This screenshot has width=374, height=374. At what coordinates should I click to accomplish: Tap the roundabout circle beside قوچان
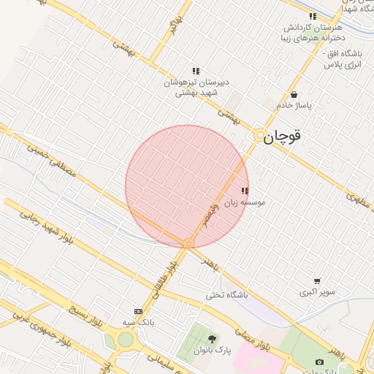pyautogui.click(x=259, y=136)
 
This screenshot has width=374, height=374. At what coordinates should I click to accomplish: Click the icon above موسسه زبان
pyautogui.click(x=244, y=191)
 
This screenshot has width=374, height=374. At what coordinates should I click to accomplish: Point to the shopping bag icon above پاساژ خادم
pyautogui.click(x=294, y=94)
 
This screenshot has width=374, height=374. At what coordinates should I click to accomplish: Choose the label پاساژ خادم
pyautogui.click(x=294, y=105)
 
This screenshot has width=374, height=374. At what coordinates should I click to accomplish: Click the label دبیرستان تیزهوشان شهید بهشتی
pyautogui.click(x=195, y=88)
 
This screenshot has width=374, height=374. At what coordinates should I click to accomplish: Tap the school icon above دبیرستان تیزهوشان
pyautogui.click(x=196, y=71)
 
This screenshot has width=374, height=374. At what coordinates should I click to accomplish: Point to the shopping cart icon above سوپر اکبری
pyautogui.click(x=317, y=281)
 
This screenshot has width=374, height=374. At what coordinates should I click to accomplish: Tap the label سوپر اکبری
pyautogui.click(x=317, y=292)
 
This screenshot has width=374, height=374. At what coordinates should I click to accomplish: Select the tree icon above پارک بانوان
pyautogui.click(x=212, y=339)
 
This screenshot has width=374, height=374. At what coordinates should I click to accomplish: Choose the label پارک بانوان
pyautogui.click(x=212, y=350)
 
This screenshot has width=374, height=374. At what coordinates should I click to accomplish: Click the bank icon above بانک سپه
pyautogui.click(x=138, y=311)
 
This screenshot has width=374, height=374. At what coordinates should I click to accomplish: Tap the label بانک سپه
pyautogui.click(x=139, y=321)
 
